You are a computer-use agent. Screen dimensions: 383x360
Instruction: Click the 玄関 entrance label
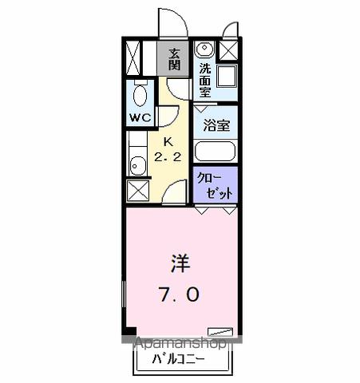(173, 60)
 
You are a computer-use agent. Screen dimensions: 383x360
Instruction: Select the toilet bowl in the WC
(140, 97)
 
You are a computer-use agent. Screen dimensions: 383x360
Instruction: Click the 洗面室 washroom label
(205, 80)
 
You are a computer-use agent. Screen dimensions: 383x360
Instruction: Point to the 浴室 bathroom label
(215, 124)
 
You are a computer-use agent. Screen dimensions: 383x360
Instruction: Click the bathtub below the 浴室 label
(216, 151)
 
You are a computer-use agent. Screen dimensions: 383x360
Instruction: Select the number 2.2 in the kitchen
(167, 157)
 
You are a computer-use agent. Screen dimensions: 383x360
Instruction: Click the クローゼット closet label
(216, 185)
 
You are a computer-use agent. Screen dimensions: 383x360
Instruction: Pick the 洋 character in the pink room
(179, 263)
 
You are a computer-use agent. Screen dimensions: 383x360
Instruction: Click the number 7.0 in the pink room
(179, 293)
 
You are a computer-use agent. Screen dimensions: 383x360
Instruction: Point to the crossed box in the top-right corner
(227, 50)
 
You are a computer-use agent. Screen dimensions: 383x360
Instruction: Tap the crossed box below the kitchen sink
(137, 191)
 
